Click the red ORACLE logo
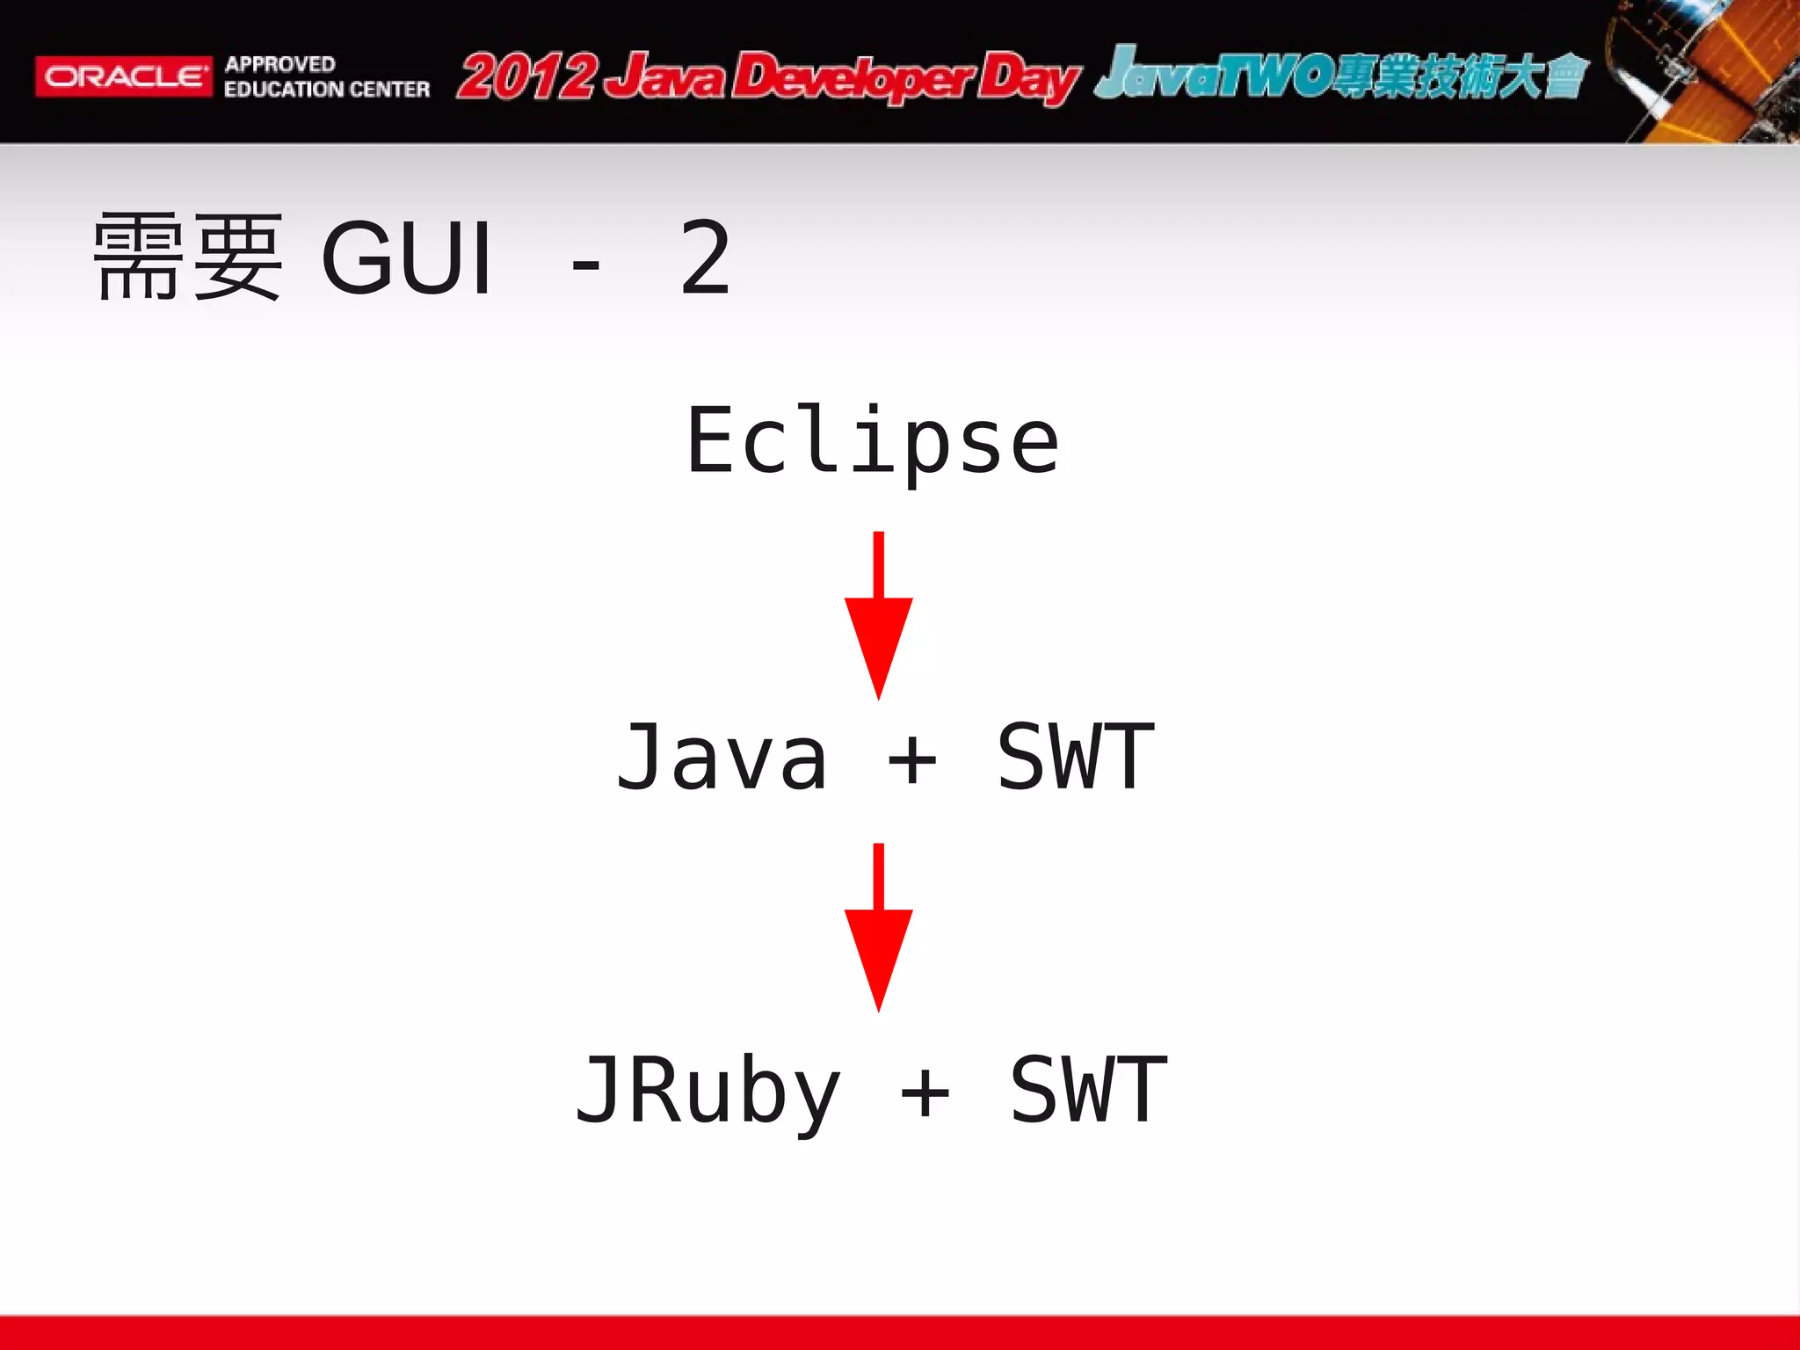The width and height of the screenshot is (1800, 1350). pyautogui.click(x=123, y=76)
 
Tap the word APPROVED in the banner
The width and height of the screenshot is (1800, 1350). pyautogui.click(x=279, y=64)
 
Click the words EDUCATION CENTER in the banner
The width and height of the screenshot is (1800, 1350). pyautogui.click(x=326, y=90)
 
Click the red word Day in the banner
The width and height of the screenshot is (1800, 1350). pyautogui.click(x=1028, y=79)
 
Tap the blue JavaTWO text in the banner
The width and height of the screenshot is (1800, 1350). pyautogui.click(x=1213, y=74)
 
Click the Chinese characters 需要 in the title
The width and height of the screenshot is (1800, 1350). pyautogui.click(x=188, y=257)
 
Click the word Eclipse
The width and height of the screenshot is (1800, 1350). pyautogui.click(x=873, y=442)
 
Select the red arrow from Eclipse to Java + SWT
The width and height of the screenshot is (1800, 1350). pyautogui.click(x=878, y=615)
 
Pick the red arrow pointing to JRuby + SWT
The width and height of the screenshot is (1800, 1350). pyautogui.click(x=878, y=927)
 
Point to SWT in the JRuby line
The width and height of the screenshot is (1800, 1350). pyautogui.click(x=1088, y=1091)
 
